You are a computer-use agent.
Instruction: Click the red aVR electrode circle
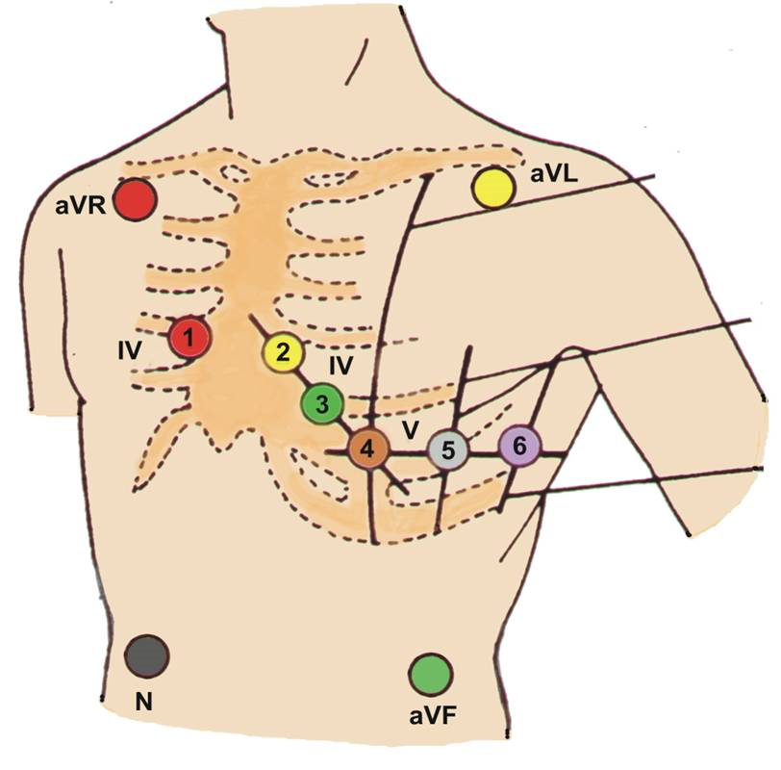(135, 200)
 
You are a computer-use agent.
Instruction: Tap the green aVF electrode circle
(430, 674)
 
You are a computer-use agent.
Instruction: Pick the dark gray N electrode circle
(147, 656)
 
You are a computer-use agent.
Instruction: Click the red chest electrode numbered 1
(189, 338)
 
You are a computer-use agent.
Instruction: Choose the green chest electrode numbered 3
(321, 402)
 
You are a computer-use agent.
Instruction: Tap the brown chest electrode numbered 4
(367, 449)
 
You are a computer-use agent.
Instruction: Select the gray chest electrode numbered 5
(448, 449)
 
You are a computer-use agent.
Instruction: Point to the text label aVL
(553, 174)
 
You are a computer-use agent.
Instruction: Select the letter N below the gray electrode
(143, 703)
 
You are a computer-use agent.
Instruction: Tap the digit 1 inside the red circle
(189, 338)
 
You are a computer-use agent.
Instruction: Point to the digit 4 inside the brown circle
(367, 449)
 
